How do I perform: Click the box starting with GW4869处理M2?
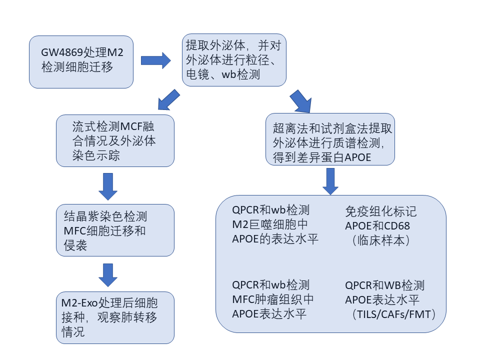click(81, 61)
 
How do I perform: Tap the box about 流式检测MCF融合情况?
click(115, 140)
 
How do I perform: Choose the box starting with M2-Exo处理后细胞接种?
click(115, 317)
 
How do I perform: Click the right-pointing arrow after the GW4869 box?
click(155, 60)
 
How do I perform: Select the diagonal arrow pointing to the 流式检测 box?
click(167, 99)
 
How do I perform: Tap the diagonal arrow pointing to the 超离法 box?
click(300, 101)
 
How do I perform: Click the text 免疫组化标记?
click(380, 211)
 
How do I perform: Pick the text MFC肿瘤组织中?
click(273, 299)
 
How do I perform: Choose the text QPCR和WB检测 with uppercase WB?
click(384, 285)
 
